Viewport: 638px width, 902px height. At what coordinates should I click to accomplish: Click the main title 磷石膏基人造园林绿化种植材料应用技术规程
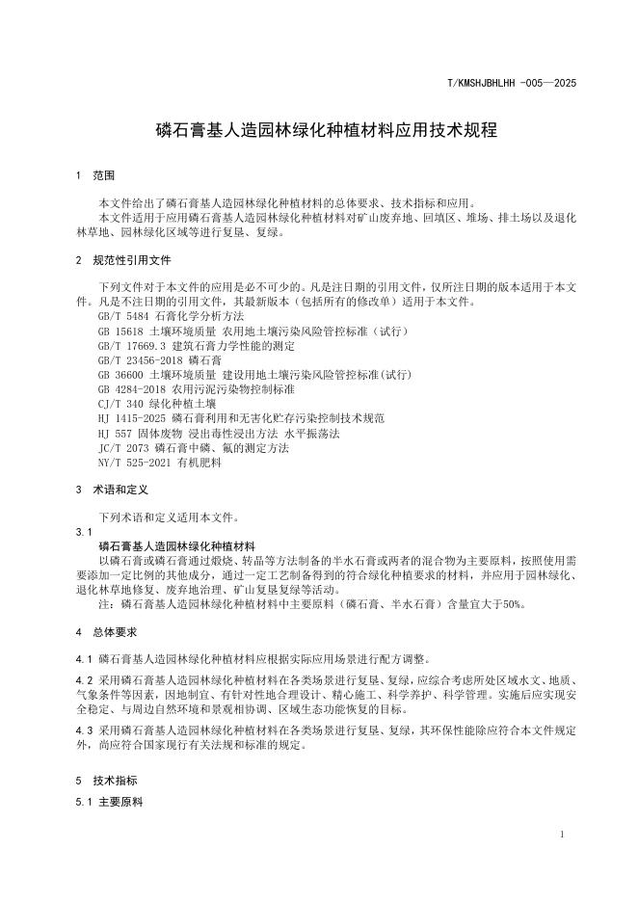pyautogui.click(x=319, y=130)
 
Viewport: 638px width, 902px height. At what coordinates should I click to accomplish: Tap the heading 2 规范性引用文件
pyautogui.click(x=122, y=260)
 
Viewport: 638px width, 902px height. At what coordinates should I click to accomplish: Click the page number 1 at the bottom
pyautogui.click(x=562, y=835)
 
